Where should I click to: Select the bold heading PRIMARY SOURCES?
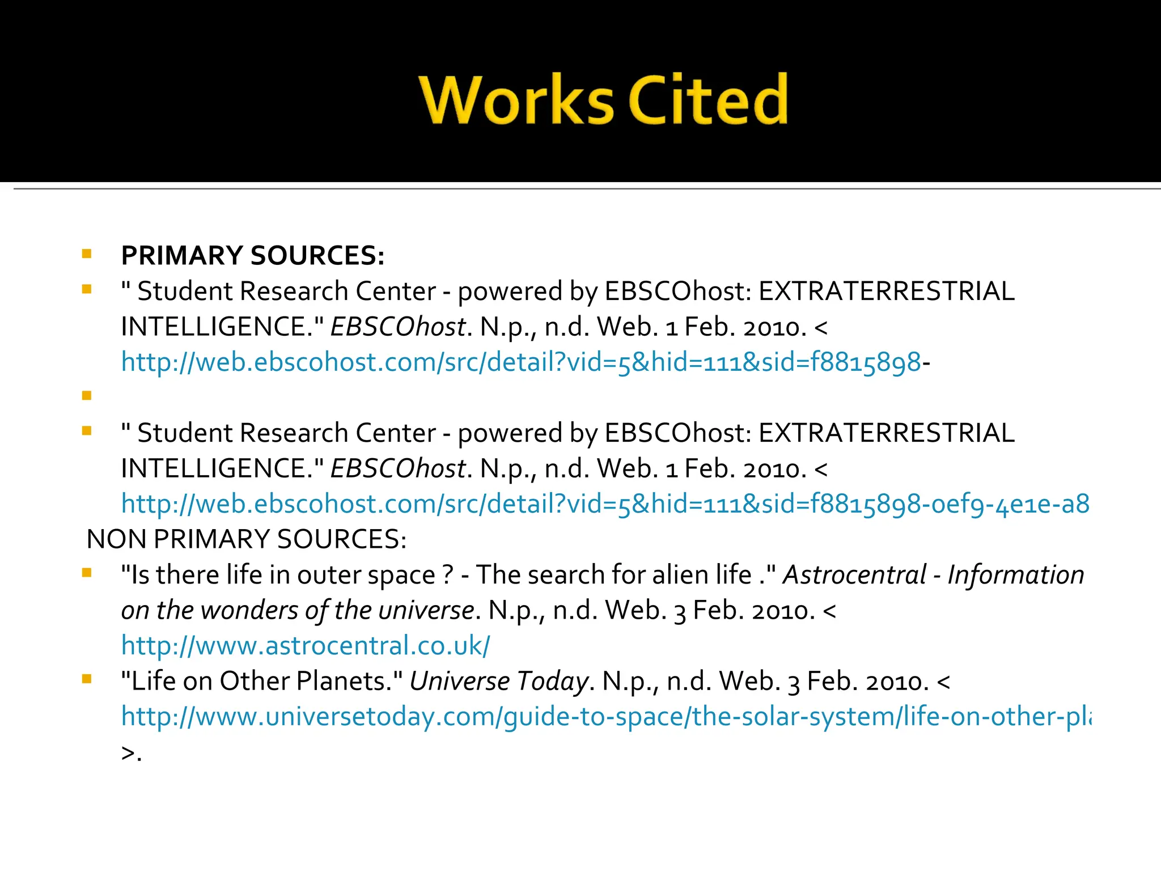(x=253, y=256)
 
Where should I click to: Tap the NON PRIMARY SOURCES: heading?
(x=247, y=539)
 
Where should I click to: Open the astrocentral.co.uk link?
(x=306, y=646)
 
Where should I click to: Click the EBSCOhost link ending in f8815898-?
(x=521, y=362)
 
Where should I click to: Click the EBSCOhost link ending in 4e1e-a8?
(x=604, y=504)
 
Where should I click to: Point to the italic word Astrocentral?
(x=854, y=575)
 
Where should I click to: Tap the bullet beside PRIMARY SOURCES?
(x=87, y=253)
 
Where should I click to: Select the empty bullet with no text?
(x=87, y=395)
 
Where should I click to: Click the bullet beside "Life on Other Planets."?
(x=87, y=679)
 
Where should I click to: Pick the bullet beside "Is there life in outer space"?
(x=87, y=573)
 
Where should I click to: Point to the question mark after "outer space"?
(x=448, y=575)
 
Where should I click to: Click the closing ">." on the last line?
(x=131, y=754)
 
